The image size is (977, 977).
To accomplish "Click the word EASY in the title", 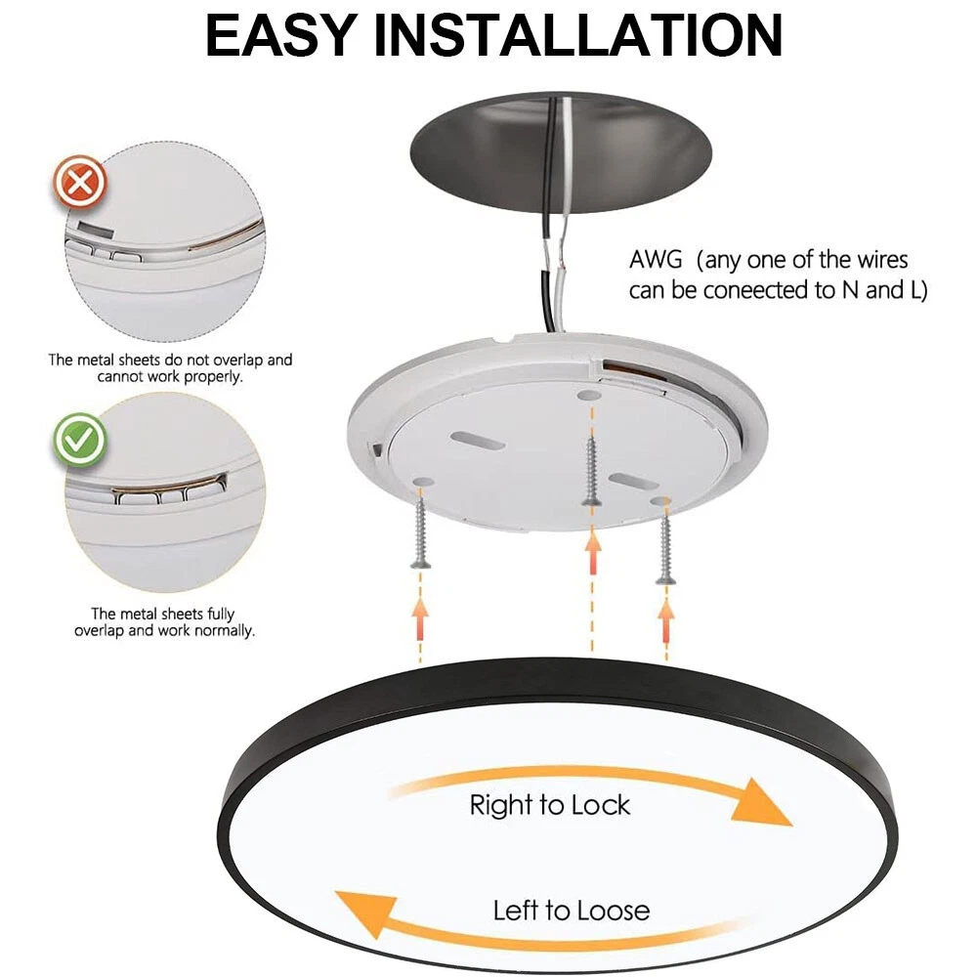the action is click(x=280, y=35).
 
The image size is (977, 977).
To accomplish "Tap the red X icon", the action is click(x=80, y=182).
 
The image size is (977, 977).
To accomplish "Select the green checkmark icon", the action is click(x=80, y=440).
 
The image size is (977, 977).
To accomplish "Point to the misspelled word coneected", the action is click(x=754, y=290).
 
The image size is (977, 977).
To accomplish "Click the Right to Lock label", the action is click(x=549, y=804).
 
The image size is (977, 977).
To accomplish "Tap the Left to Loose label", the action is click(x=572, y=911).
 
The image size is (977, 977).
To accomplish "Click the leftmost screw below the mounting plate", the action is click(x=420, y=529).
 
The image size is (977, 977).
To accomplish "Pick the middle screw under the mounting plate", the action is click(x=591, y=471).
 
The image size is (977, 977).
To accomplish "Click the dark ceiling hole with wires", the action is click(x=561, y=152).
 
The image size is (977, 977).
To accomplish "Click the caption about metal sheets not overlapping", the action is click(x=170, y=368).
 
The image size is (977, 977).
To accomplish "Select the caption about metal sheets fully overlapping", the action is click(x=164, y=622).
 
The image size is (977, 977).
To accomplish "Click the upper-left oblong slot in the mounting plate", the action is click(x=478, y=442).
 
